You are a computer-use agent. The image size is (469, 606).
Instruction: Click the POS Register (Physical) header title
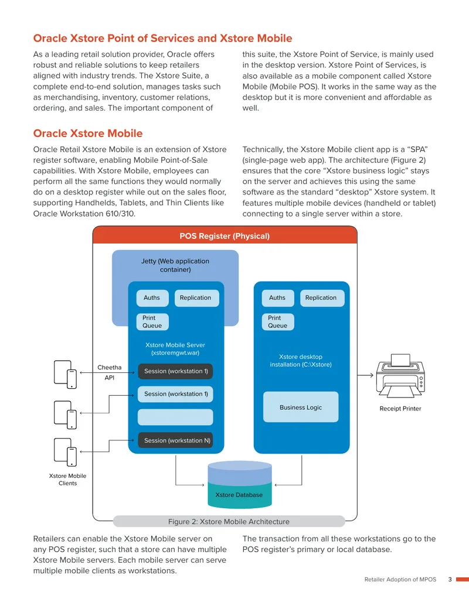click(225, 236)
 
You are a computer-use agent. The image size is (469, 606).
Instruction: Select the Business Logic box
click(301, 407)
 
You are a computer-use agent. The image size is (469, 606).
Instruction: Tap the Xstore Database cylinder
click(240, 484)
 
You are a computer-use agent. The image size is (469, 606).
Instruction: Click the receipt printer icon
click(400, 376)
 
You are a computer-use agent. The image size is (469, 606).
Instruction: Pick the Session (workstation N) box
click(175, 440)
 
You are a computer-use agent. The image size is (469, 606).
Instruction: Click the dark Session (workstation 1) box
click(175, 371)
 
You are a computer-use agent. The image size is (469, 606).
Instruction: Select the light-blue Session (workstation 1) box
click(175, 394)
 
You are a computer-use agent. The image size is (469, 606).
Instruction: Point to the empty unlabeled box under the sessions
click(175, 417)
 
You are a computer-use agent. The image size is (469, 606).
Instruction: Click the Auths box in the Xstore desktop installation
click(277, 298)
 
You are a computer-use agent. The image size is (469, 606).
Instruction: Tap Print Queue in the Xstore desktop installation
click(277, 321)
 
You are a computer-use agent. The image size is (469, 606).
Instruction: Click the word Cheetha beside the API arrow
click(110, 367)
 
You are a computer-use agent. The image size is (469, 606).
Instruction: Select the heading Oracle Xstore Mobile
click(88, 133)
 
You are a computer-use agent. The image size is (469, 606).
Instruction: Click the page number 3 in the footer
click(450, 579)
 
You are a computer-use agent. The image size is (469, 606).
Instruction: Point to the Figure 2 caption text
click(229, 521)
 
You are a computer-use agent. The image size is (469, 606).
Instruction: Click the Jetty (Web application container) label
click(175, 265)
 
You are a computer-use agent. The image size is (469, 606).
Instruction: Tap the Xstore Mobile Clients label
click(68, 479)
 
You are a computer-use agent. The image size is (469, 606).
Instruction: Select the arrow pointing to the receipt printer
click(365, 375)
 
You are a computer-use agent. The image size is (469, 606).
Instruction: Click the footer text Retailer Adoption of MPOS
click(400, 579)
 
